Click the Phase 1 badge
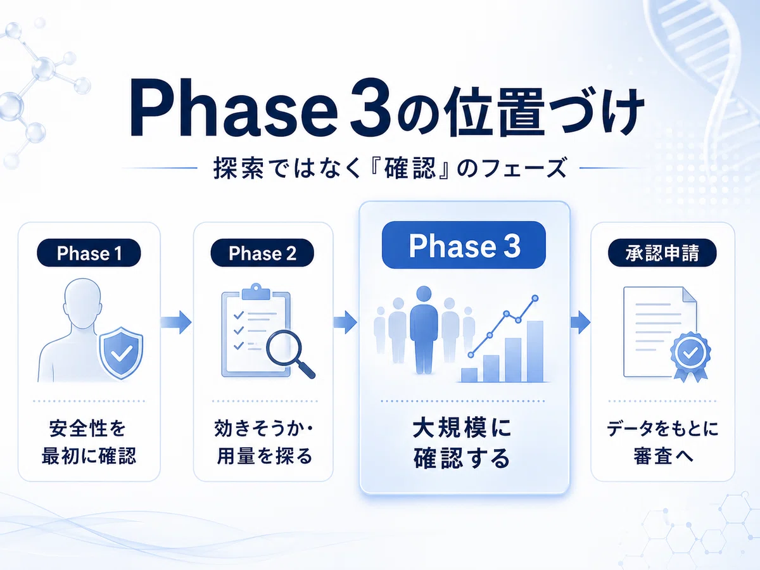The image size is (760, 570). (89, 253)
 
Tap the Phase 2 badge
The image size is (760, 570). (262, 253)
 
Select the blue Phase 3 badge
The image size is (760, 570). (464, 245)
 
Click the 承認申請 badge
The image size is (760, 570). (662, 253)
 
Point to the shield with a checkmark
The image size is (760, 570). (121, 352)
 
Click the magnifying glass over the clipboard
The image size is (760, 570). (289, 353)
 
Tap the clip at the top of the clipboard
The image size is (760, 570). (256, 292)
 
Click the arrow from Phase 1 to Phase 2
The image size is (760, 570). (176, 322)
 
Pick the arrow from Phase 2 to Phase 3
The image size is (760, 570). (345, 322)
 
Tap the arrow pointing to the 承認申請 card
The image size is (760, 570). (580, 322)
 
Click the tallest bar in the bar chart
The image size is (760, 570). (535, 351)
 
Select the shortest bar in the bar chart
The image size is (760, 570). (469, 375)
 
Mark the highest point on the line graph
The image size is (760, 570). (535, 298)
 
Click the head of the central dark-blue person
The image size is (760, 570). (424, 294)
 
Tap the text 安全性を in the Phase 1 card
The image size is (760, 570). (87, 429)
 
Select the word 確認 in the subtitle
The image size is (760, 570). (410, 168)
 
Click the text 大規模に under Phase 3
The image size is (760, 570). (462, 428)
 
